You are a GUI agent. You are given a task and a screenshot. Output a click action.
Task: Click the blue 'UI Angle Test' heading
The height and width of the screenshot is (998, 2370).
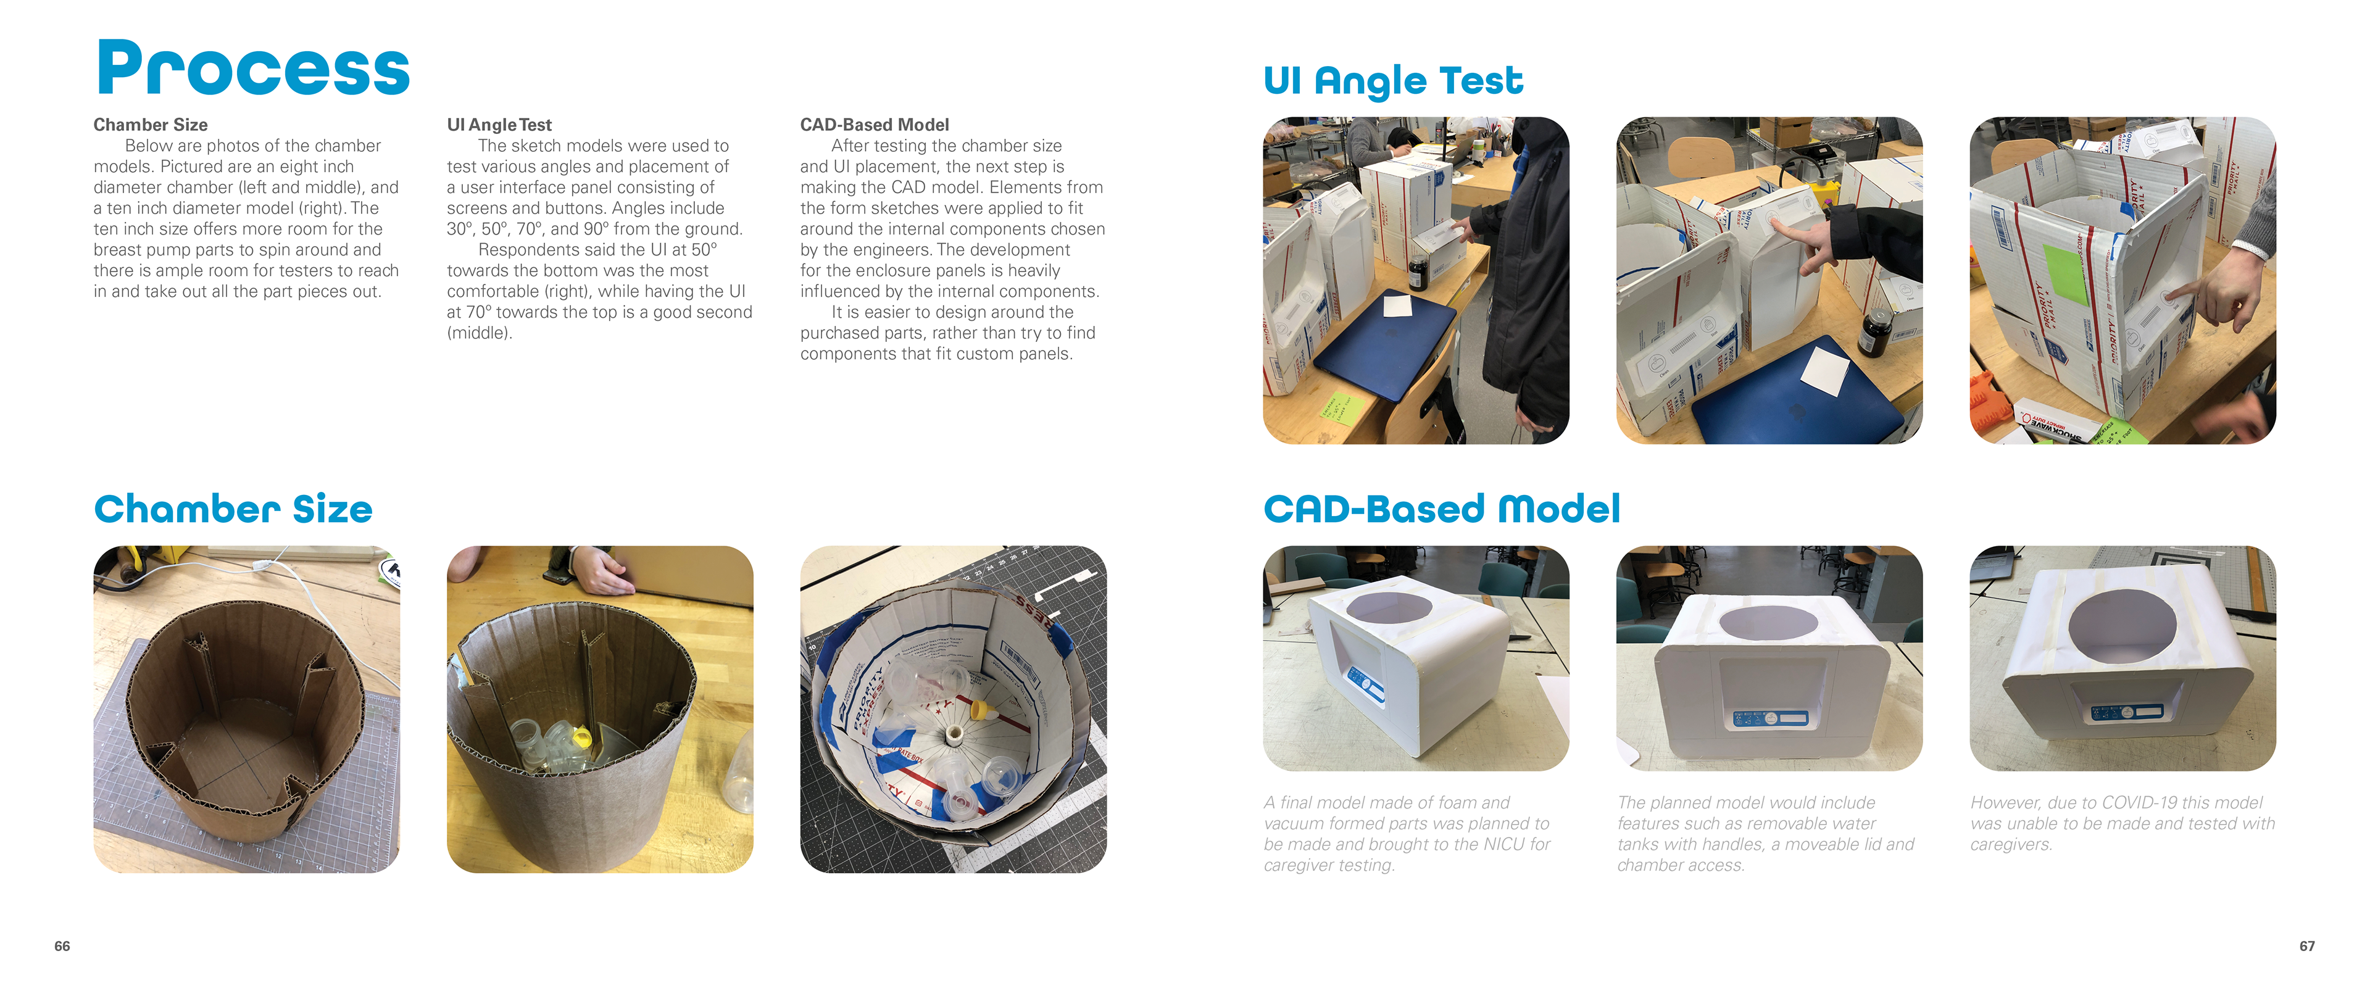tap(1393, 81)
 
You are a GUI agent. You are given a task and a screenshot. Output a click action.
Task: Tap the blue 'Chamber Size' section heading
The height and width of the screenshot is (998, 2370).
tap(233, 509)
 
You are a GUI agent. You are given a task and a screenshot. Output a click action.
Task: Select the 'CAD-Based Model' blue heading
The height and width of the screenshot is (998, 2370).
tap(1442, 509)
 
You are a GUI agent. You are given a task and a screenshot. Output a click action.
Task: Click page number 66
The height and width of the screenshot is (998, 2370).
tap(62, 946)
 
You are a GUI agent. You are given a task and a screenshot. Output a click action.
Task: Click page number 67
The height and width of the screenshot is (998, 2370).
tap(2306, 946)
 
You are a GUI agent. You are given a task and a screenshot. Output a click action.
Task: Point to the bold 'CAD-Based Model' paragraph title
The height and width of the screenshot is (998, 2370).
tap(874, 124)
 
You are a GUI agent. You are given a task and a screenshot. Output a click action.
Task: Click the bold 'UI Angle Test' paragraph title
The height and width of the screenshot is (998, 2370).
tap(499, 124)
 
